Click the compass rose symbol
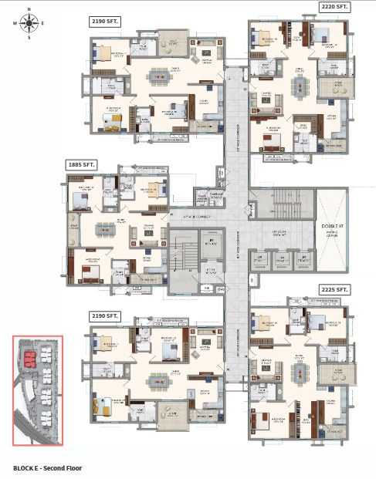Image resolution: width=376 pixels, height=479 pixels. (29, 22)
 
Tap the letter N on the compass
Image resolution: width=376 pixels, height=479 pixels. (29, 10)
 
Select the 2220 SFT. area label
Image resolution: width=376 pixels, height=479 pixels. (334, 7)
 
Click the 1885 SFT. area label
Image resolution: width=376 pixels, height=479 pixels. (81, 164)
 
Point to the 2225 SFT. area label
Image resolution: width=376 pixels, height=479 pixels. (334, 290)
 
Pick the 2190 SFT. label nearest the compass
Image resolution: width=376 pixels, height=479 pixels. (105, 21)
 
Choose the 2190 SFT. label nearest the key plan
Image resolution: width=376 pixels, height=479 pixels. (105, 315)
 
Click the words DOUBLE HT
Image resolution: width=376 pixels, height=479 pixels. (332, 226)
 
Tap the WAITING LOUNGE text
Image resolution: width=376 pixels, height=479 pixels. (332, 237)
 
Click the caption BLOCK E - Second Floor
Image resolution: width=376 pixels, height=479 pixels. (47, 467)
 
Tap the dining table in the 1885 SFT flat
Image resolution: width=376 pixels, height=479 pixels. (102, 229)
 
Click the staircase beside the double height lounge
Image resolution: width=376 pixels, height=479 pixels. (283, 203)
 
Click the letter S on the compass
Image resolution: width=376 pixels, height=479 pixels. (29, 36)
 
